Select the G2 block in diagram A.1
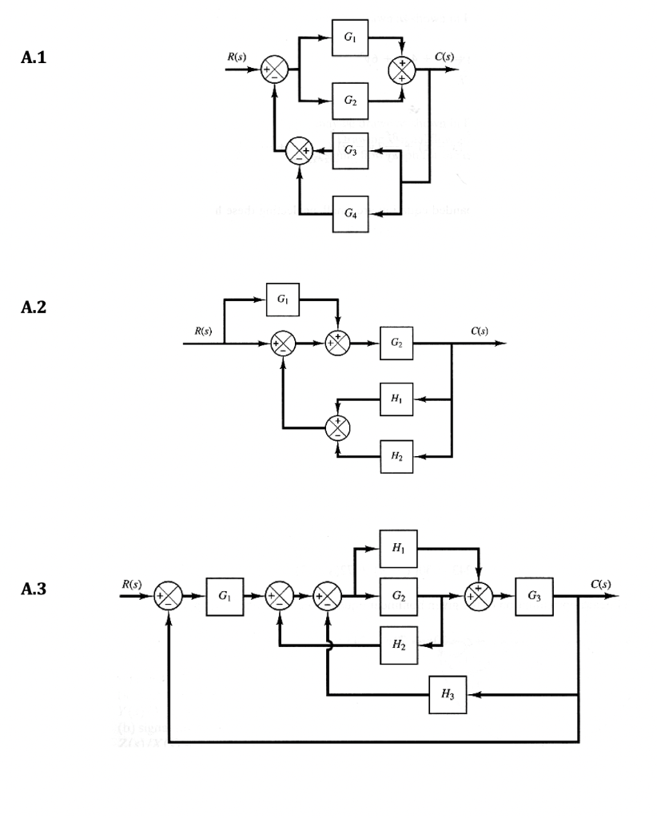[x=351, y=101]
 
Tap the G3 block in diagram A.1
[x=351, y=150]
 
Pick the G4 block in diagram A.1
[x=351, y=213]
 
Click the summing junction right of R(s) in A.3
[x=169, y=596]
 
